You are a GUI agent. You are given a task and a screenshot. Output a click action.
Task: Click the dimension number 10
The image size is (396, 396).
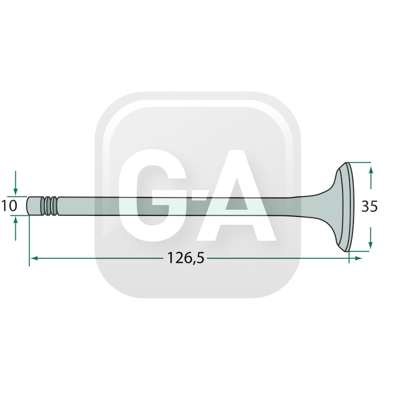pos(9,205)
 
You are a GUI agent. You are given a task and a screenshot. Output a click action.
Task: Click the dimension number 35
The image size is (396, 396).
pos(369,206)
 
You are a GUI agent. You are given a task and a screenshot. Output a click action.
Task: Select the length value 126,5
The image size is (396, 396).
pos(186,258)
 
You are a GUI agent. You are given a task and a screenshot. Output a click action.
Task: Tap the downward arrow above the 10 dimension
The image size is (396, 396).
pos(16,183)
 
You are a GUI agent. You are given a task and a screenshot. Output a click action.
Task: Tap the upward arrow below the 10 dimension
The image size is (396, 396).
pos(16,229)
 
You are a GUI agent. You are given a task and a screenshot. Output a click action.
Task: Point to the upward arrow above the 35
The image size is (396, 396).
pos(370,177)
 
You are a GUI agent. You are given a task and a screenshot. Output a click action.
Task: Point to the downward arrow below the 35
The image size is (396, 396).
pos(370,238)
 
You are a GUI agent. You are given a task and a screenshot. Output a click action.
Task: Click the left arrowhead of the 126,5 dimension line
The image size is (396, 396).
pos(34,258)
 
